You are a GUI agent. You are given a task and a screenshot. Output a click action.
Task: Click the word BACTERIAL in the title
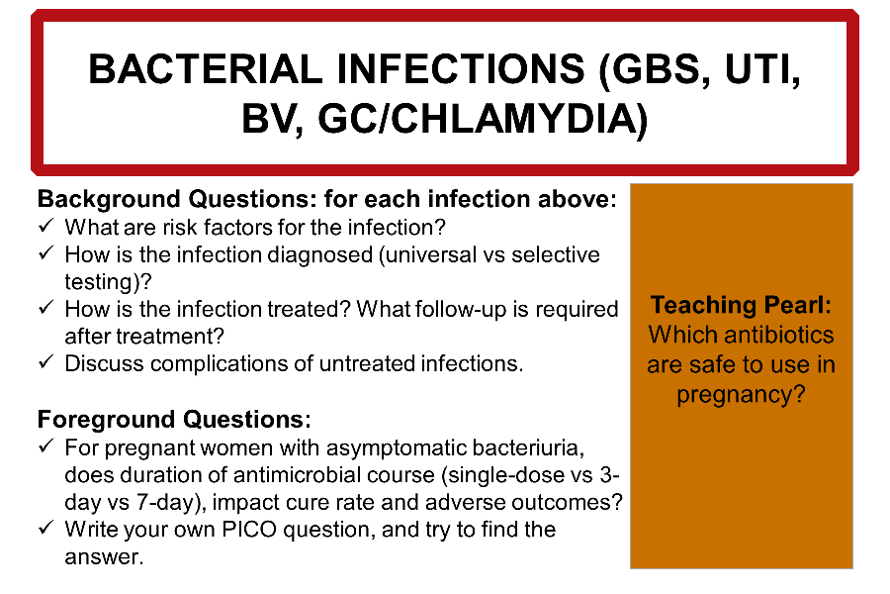(x=206, y=69)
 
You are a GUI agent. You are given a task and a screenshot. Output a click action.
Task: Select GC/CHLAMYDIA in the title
(x=483, y=119)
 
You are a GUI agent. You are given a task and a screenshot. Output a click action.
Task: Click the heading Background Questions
(x=175, y=199)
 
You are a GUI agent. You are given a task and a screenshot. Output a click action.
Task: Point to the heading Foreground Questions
(x=174, y=420)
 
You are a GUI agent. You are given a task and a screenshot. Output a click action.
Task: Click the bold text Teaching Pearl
(x=741, y=305)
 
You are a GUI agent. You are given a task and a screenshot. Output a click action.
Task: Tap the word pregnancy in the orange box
(x=735, y=394)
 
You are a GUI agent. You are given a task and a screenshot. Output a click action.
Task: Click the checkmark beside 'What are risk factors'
(x=46, y=226)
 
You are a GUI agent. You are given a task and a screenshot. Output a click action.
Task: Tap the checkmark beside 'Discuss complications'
(x=46, y=362)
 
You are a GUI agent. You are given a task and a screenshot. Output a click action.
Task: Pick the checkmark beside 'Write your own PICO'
(x=46, y=528)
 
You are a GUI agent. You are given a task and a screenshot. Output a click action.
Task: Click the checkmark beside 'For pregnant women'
(x=46, y=446)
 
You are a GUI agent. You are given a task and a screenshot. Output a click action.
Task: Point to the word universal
(x=431, y=254)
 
